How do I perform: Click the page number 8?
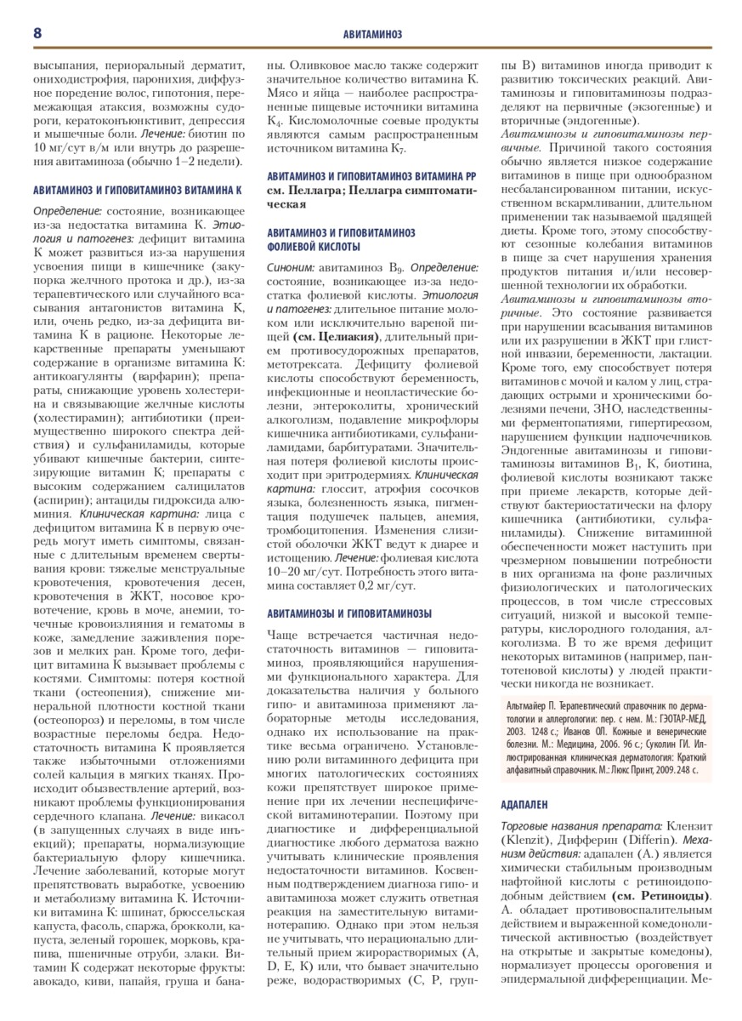pos(38,32)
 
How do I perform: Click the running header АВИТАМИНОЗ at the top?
pos(371,34)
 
